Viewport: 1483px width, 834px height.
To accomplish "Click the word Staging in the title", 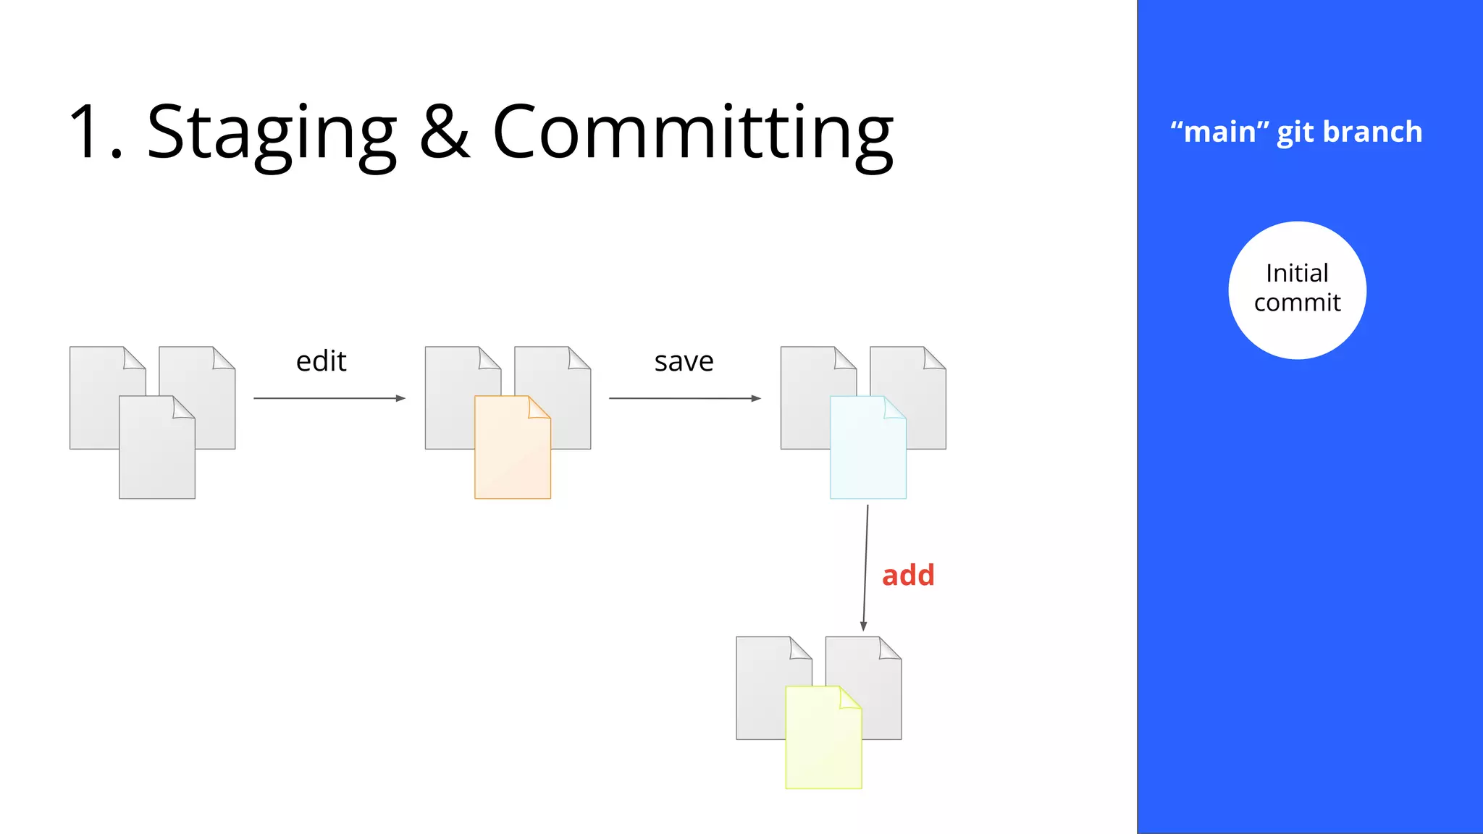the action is tap(272, 134).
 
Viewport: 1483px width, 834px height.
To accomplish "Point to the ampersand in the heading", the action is tap(445, 132).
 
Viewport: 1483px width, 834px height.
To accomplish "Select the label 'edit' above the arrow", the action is tap(322, 361).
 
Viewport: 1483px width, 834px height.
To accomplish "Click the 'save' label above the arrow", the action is tap(684, 361).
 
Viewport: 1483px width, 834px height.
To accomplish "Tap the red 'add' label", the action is tap(908, 576).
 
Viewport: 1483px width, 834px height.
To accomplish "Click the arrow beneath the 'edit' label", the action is tap(329, 398).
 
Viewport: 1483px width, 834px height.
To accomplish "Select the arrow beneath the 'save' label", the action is tap(684, 398).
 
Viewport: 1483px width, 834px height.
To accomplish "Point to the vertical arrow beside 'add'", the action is tap(865, 568).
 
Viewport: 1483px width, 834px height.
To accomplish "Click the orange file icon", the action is tap(511, 452).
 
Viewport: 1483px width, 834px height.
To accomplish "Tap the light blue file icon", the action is tap(867, 452).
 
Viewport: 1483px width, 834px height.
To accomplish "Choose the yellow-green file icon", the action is tap(823, 742).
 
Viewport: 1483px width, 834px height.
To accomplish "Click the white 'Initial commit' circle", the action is tap(1297, 290).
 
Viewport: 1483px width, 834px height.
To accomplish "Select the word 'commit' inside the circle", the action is tap(1297, 303).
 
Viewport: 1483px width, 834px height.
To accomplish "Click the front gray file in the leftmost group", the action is tap(156, 452).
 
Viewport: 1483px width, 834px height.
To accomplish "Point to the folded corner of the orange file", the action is tap(539, 408).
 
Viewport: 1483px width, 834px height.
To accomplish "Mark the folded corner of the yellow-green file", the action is tap(849, 697).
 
